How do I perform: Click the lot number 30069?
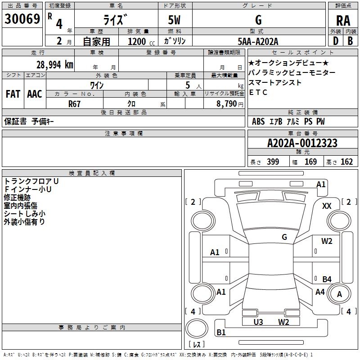coord(22,19)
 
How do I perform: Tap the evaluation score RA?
coord(343,20)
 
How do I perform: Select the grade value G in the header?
coord(258,20)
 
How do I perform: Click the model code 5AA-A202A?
coord(258,41)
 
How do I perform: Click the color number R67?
coord(75,103)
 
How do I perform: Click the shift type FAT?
coord(13,94)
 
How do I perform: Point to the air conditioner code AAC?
coord(35,94)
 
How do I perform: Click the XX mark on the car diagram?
coord(327,206)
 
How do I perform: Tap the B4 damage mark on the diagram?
coord(327,279)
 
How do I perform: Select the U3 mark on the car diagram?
coord(258,322)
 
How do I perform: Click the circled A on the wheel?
coord(339,294)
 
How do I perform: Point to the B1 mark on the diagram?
coord(221,333)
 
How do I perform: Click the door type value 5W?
coord(175,20)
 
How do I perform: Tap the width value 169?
coord(310,162)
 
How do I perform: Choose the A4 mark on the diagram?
coord(320,292)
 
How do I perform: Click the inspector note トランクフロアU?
coord(31,181)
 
